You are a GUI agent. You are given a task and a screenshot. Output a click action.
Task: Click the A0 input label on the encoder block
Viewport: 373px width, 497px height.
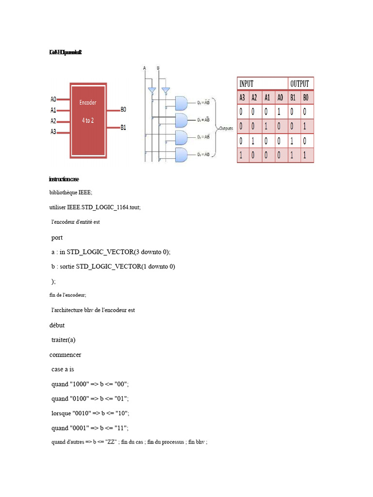pyautogui.click(x=53, y=99)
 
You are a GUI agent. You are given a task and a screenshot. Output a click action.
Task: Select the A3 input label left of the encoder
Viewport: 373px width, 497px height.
pyautogui.click(x=53, y=132)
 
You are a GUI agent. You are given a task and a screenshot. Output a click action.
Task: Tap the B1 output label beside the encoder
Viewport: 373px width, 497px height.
pyautogui.click(x=123, y=128)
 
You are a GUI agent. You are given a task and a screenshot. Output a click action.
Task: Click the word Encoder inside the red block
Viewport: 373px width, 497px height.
pyautogui.click(x=88, y=102)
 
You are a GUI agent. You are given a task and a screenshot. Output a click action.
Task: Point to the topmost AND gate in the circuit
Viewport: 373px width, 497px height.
pyautogui.click(x=181, y=102)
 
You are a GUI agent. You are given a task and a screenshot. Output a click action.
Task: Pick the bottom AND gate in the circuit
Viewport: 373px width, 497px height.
pyautogui.click(x=181, y=155)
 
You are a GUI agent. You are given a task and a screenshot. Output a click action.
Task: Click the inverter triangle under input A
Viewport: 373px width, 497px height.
pyautogui.click(x=152, y=90)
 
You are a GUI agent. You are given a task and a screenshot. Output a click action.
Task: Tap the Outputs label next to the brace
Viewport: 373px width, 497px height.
pyautogui.click(x=226, y=129)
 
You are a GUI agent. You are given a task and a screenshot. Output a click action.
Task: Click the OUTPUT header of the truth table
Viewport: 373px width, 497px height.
pyautogui.click(x=300, y=84)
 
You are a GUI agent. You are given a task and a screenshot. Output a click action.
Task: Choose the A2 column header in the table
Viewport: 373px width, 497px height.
pyautogui.click(x=254, y=98)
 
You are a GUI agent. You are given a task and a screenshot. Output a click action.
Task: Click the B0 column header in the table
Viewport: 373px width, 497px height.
pyautogui.click(x=305, y=98)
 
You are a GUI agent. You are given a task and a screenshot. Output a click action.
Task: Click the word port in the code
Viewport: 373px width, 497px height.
pyautogui.click(x=57, y=237)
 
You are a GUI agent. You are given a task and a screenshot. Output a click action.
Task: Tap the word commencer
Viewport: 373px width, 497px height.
pyautogui.click(x=65, y=354)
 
